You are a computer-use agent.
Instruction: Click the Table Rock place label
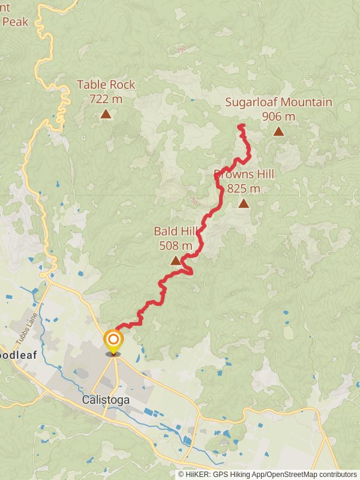click(106, 85)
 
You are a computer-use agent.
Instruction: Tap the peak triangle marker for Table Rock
click(106, 113)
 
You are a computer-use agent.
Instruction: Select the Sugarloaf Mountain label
click(278, 102)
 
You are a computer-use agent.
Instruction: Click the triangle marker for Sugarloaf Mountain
click(278, 131)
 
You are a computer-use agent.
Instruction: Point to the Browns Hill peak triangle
click(244, 203)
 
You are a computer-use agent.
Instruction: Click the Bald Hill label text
click(176, 231)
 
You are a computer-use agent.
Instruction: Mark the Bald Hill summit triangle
click(176, 260)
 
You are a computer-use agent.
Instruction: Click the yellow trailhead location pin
click(113, 341)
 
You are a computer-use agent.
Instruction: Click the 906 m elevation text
click(278, 116)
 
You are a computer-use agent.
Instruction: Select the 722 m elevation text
click(106, 98)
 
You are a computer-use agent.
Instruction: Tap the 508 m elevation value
click(176, 245)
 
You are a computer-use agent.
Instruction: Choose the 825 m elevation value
click(244, 188)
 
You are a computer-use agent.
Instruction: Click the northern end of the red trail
click(241, 125)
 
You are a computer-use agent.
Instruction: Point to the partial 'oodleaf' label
click(19, 355)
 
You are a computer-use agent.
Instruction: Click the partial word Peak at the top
click(14, 22)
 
